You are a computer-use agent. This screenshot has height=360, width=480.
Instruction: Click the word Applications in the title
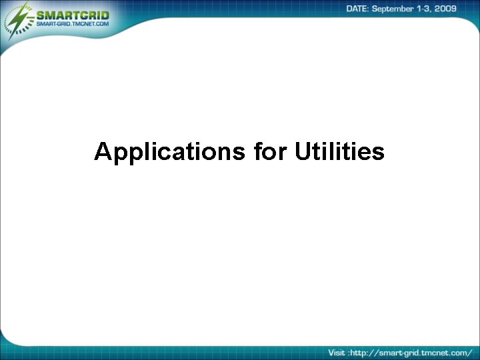[171, 152]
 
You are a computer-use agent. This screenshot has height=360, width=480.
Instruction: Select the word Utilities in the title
[339, 151]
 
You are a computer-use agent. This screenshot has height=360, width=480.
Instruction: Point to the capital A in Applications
[103, 151]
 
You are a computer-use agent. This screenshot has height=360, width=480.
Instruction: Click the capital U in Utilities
[301, 151]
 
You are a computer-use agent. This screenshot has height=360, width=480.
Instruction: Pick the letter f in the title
[257, 151]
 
